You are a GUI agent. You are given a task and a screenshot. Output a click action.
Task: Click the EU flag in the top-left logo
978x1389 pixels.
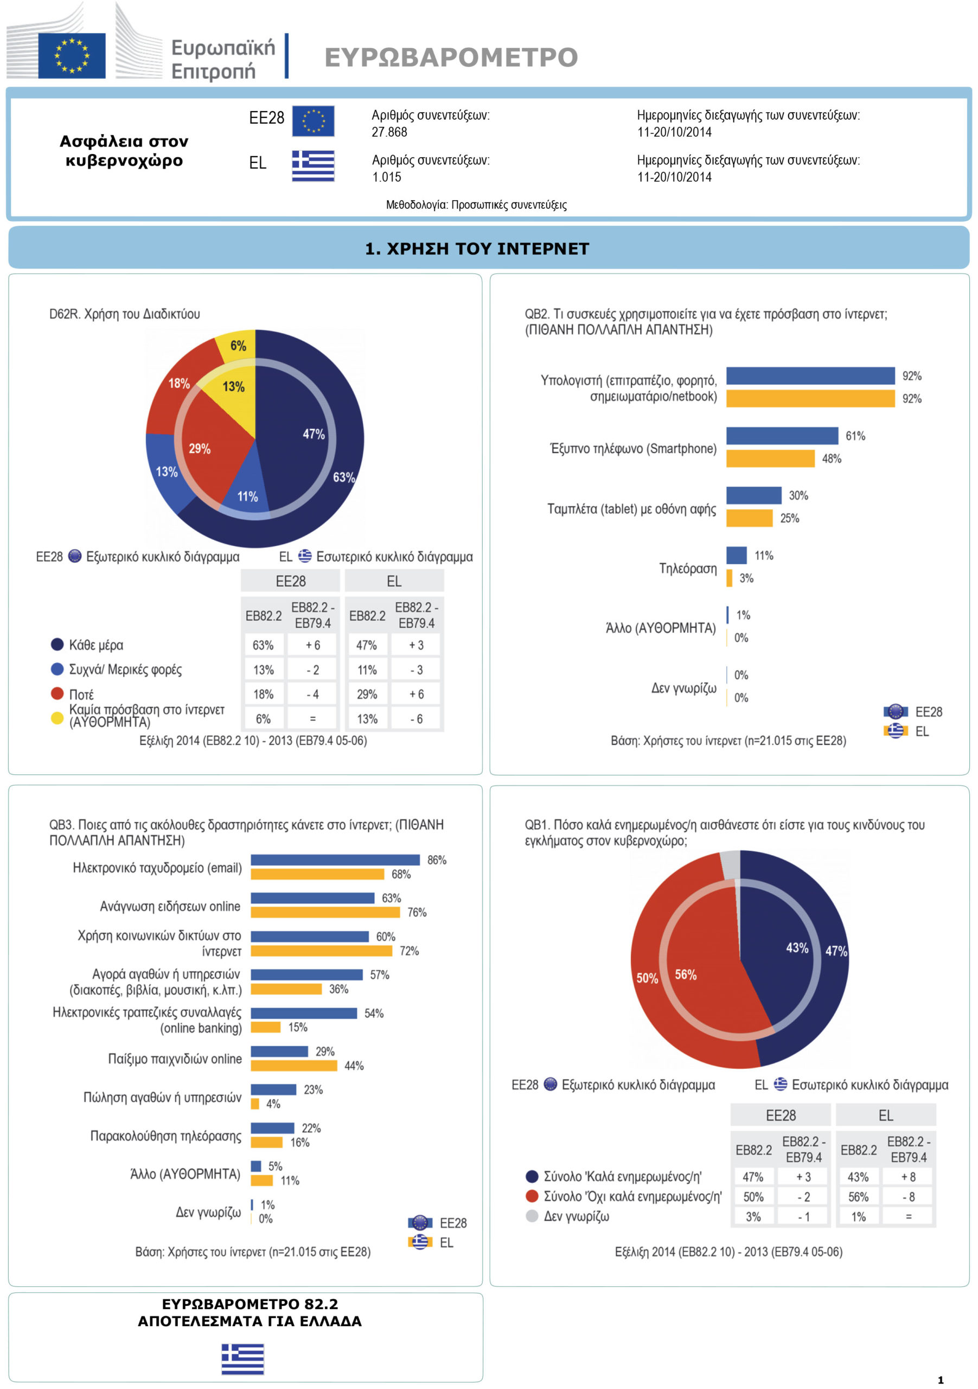click(72, 56)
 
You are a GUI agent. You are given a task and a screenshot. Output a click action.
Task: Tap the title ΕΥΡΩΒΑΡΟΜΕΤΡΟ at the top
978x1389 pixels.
click(451, 58)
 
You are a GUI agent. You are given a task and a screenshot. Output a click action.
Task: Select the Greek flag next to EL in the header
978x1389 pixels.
click(314, 166)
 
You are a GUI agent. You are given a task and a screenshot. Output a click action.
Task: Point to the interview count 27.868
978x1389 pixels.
click(389, 132)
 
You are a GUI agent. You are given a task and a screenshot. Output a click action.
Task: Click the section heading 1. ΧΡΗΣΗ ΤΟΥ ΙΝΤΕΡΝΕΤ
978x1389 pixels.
click(477, 249)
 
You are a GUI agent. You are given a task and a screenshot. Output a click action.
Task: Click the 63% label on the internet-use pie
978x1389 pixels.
click(343, 477)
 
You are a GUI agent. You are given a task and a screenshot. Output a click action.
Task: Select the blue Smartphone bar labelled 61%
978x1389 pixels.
click(782, 436)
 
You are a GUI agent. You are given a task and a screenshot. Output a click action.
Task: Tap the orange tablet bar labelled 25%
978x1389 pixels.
click(750, 518)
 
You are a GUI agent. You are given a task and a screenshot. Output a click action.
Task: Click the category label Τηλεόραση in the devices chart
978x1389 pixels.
click(688, 568)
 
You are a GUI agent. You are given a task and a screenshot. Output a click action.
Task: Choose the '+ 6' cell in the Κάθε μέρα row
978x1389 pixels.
click(312, 645)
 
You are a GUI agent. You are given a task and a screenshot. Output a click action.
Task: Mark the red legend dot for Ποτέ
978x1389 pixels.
click(57, 693)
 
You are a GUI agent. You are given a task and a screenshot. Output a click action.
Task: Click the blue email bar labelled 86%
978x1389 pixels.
click(335, 859)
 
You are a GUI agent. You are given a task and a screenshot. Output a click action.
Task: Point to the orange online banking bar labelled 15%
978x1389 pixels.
click(265, 1027)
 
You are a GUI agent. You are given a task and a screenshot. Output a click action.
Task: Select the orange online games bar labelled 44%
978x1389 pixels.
click(294, 1065)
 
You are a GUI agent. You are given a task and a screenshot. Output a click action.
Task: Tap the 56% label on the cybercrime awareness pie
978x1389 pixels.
click(685, 974)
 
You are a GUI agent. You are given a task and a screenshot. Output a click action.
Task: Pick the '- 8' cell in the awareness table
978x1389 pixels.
click(908, 1196)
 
